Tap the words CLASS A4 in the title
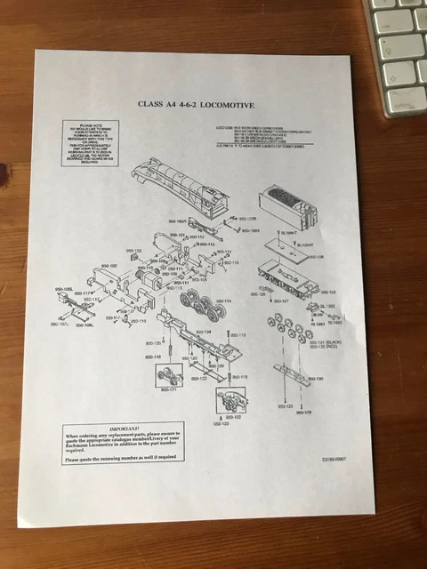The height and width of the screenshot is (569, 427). (x=160, y=104)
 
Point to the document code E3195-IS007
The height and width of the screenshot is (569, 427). (x=338, y=461)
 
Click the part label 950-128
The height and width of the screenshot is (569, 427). (x=315, y=257)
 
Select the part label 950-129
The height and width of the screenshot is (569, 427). (x=327, y=292)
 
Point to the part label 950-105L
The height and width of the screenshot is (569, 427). (x=64, y=290)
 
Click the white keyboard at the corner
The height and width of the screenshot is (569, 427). (x=395, y=49)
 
